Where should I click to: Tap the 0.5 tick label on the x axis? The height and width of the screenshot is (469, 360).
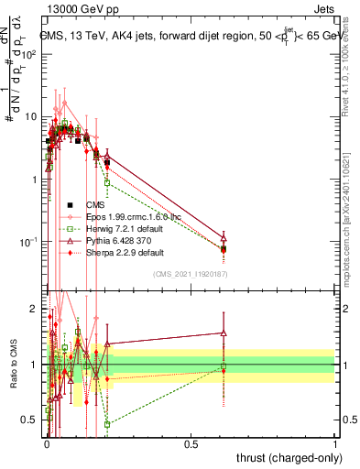191,442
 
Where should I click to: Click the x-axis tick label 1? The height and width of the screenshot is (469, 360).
335,442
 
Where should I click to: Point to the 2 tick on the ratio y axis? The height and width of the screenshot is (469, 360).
34,309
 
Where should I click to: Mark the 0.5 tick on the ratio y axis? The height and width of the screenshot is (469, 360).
29,420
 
